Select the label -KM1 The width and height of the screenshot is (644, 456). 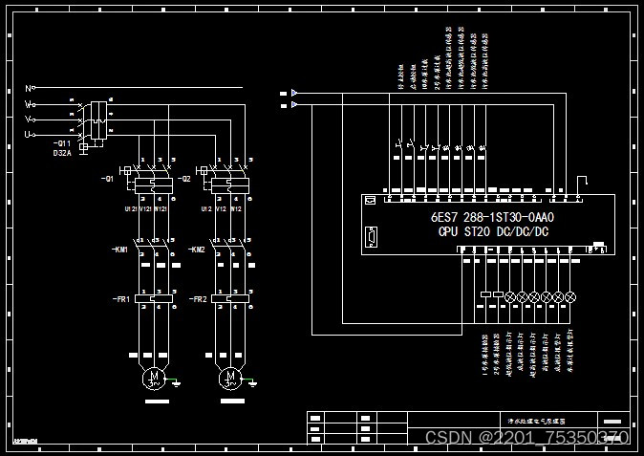(x=119, y=250)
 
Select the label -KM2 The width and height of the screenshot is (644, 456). (x=196, y=250)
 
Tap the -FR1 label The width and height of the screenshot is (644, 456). (x=119, y=299)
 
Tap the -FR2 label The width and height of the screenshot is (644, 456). (x=197, y=299)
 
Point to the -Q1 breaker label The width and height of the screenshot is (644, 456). (x=107, y=179)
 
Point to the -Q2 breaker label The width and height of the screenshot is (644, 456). (x=184, y=179)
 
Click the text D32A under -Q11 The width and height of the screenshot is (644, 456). (x=62, y=153)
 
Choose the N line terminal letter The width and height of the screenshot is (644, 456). (x=28, y=88)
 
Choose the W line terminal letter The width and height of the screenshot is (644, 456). (x=28, y=103)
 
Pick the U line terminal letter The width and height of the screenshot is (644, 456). (x=28, y=135)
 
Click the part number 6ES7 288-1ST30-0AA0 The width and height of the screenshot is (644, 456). (x=492, y=217)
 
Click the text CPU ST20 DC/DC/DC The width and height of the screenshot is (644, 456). (x=493, y=231)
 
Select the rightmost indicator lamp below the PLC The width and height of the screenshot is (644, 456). (x=571, y=297)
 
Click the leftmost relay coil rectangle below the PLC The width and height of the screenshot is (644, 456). (x=485, y=295)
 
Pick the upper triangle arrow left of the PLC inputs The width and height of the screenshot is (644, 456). (x=294, y=93)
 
